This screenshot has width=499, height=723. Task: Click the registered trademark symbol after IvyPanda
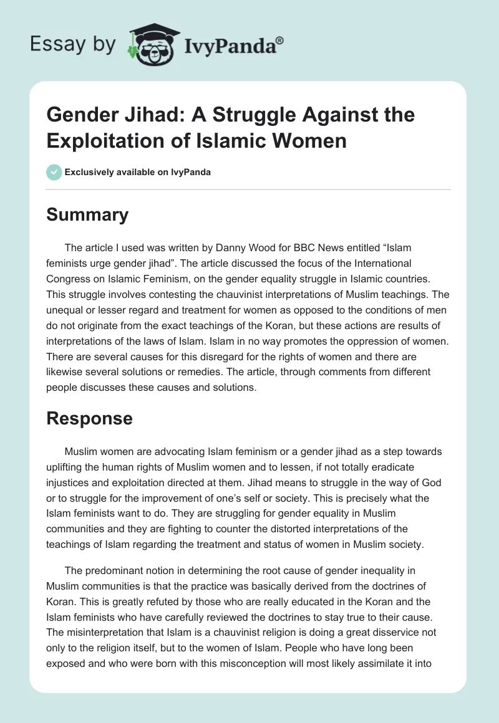click(x=280, y=41)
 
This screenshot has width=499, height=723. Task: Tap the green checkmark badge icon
click(x=54, y=172)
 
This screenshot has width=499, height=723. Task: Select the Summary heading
click(x=87, y=214)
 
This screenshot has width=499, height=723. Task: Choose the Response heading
click(x=90, y=418)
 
